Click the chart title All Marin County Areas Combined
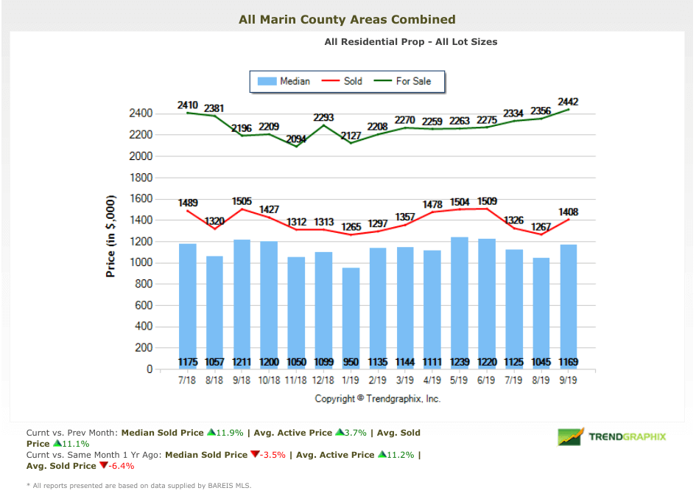[347, 19]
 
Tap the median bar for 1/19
[351, 317]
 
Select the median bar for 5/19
[460, 302]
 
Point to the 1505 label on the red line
[242, 201]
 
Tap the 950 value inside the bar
[351, 362]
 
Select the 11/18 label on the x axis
[296, 381]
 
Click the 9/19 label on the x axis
[569, 381]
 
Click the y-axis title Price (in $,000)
[111, 237]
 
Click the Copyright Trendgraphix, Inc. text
[378, 398]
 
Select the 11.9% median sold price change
[228, 433]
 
